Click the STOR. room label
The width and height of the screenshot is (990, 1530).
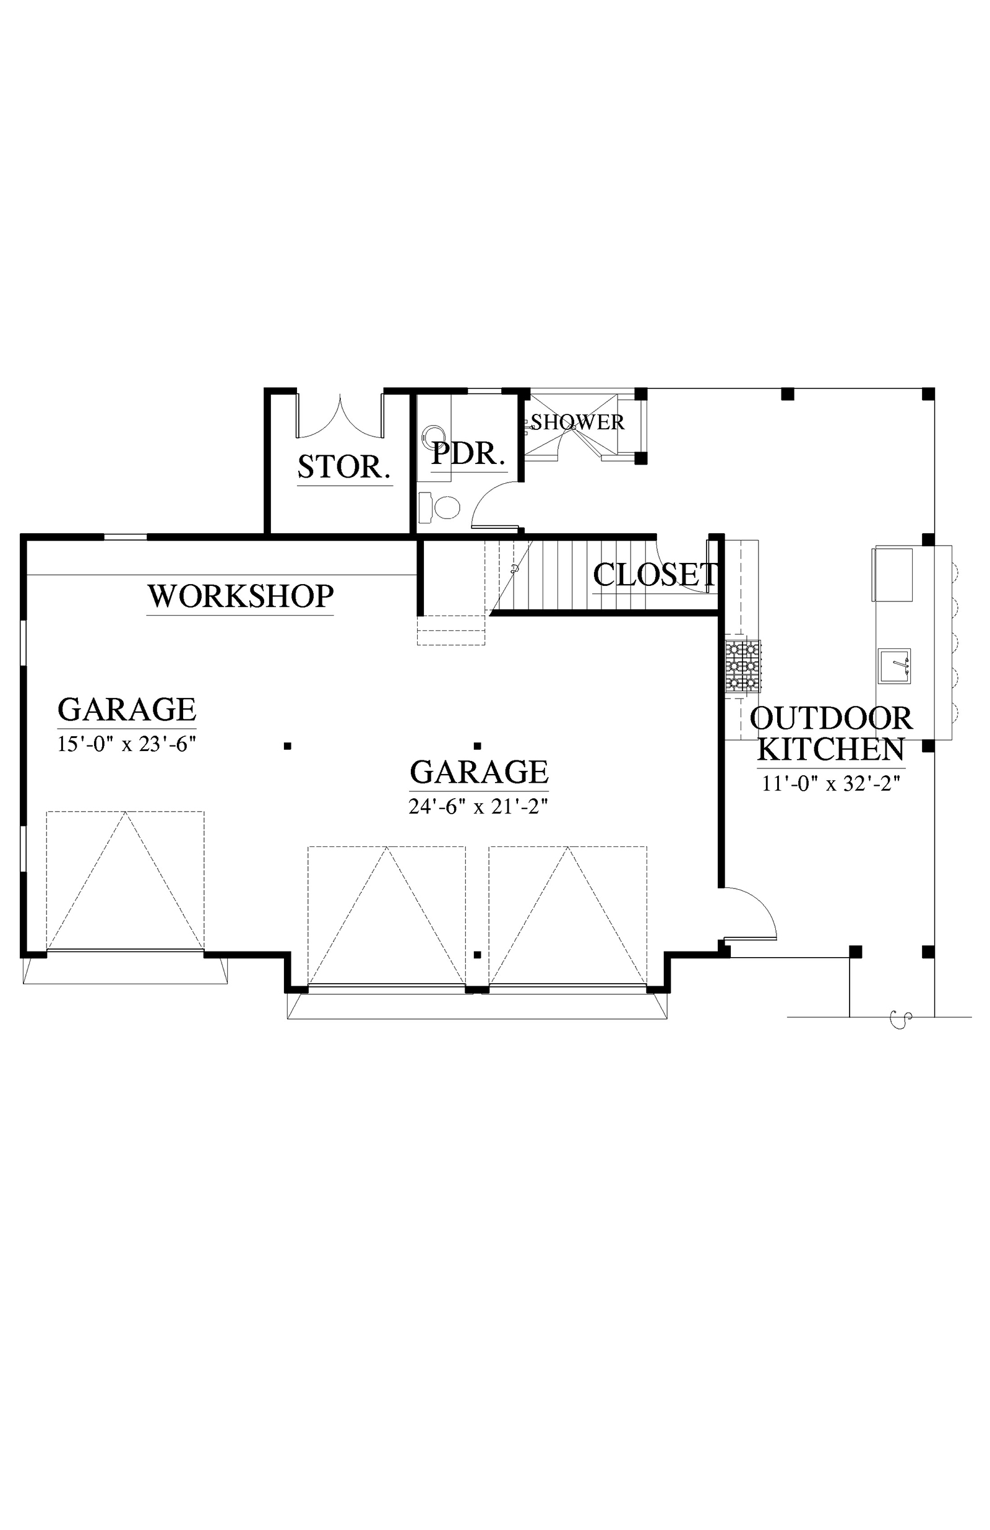click(x=344, y=467)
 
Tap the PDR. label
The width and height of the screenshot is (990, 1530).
click(x=467, y=453)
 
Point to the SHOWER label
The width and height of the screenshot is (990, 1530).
click(x=577, y=422)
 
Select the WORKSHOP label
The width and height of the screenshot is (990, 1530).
click(x=241, y=596)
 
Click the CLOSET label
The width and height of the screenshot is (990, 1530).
click(x=655, y=575)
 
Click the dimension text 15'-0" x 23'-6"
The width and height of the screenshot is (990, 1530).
click(x=127, y=744)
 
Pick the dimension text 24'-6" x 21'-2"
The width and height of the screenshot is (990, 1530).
click(x=478, y=806)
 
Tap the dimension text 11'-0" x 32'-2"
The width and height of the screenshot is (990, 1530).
click(x=830, y=784)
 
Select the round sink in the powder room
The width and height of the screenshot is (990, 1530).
click(x=433, y=436)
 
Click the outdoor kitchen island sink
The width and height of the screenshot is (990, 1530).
click(x=894, y=666)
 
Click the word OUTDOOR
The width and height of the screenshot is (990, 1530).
click(x=830, y=718)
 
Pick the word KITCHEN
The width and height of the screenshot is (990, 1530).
click(x=830, y=749)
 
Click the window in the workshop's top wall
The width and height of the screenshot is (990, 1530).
click(x=126, y=536)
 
